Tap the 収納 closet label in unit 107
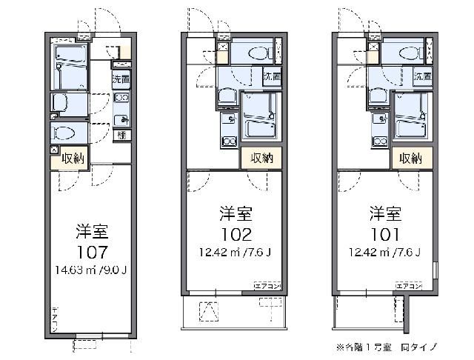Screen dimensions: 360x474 click(x=73, y=159)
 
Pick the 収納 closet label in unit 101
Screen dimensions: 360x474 click(x=410, y=158)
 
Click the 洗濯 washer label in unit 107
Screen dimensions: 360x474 click(x=121, y=79)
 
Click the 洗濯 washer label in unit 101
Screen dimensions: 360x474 click(x=422, y=76)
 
